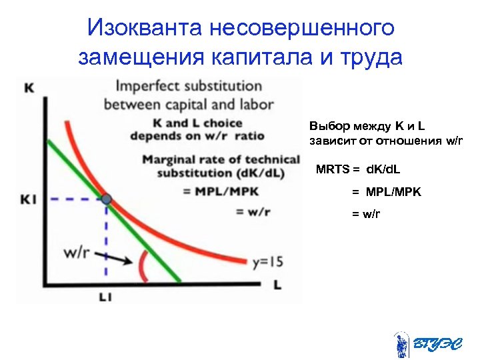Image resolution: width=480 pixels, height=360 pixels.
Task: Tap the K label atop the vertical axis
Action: pyautogui.click(x=29, y=87)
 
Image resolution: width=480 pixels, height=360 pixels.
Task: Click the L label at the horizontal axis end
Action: pyautogui.click(x=277, y=285)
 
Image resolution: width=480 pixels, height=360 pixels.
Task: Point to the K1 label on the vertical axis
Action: pyautogui.click(x=28, y=199)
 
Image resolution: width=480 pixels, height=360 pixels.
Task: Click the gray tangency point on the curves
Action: pyautogui.click(x=106, y=199)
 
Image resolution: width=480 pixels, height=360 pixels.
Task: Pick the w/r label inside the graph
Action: pyautogui.click(x=76, y=253)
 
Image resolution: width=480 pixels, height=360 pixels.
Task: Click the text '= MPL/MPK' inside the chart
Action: pyautogui.click(x=221, y=191)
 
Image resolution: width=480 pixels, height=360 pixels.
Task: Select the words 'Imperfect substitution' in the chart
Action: pyautogui.click(x=189, y=86)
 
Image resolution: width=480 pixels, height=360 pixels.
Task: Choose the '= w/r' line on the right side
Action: pyautogui.click(x=366, y=214)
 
